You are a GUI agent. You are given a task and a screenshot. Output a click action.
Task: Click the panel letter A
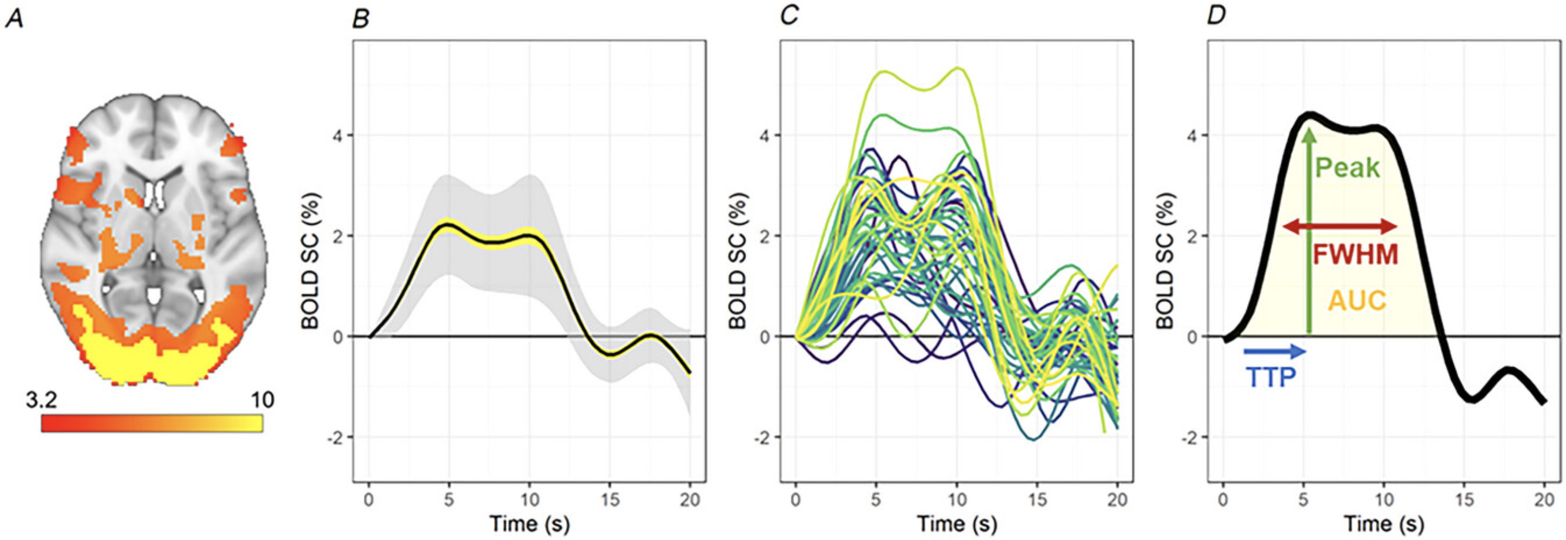pyautogui.click(x=14, y=19)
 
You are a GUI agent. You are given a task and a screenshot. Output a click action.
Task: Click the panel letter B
pyautogui.click(x=360, y=19)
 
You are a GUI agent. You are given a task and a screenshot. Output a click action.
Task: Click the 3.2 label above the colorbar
pyautogui.click(x=42, y=400)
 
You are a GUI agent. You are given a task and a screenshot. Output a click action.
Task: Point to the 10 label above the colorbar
pyautogui.click(x=262, y=400)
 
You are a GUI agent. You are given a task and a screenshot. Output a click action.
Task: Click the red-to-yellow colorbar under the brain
pyautogui.click(x=152, y=423)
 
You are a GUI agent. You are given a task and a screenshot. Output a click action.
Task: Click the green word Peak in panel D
pyautogui.click(x=1347, y=168)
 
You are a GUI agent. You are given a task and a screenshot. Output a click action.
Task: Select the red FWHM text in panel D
pyautogui.click(x=1355, y=255)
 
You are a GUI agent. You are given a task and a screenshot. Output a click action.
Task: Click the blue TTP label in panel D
pyautogui.click(x=1271, y=378)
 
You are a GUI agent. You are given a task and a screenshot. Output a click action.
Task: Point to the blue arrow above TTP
pyautogui.click(x=1274, y=351)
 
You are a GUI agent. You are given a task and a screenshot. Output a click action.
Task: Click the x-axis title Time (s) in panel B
pyautogui.click(x=529, y=524)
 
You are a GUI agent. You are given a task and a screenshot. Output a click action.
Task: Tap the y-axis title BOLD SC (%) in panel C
pyautogui.click(x=738, y=261)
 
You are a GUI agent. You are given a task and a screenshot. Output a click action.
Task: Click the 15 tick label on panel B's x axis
pyautogui.click(x=610, y=500)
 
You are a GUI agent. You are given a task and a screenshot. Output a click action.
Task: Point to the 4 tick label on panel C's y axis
pyautogui.click(x=765, y=135)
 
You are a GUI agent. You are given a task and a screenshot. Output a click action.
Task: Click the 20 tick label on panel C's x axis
pyautogui.click(x=1116, y=500)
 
